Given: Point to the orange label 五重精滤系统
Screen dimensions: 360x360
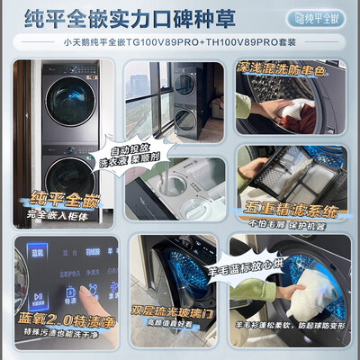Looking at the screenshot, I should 290,211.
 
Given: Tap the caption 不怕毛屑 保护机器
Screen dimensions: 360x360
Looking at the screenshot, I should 291,225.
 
